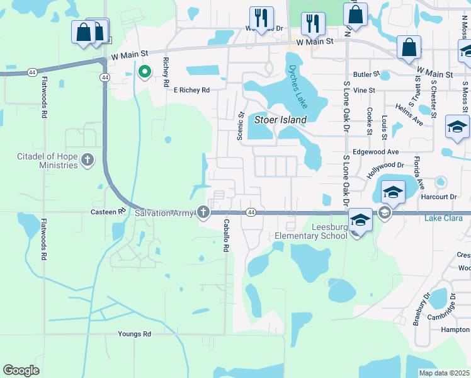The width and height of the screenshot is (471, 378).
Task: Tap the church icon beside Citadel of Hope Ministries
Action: click(88, 161)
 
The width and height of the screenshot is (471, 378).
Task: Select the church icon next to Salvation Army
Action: click(203, 213)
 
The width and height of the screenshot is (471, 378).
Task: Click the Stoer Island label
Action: click(280, 120)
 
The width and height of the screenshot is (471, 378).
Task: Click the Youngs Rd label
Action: click(135, 334)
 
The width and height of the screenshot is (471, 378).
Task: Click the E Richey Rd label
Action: click(191, 90)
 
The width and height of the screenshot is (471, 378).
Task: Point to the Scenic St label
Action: click(240, 126)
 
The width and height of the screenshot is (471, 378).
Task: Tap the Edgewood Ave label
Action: click(376, 152)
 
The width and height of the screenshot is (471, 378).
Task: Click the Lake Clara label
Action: click(443, 219)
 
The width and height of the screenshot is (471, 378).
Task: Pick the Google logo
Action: click(21, 370)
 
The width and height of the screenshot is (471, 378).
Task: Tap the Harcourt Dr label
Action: click(440, 197)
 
